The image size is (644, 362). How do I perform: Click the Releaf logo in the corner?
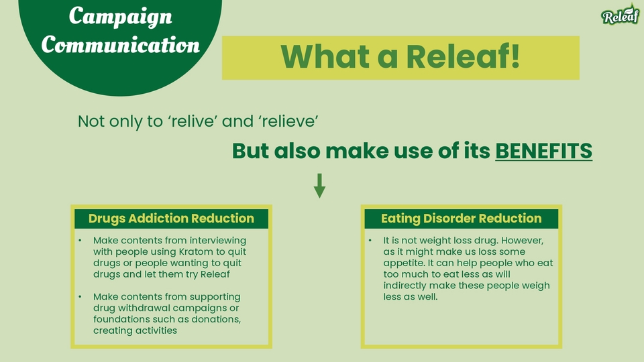click(x=620, y=15)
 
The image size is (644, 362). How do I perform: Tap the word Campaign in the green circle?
click(x=120, y=17)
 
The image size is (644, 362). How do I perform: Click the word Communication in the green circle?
click(x=120, y=44)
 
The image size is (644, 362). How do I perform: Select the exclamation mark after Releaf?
click(x=515, y=56)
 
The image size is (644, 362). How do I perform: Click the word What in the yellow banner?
click(x=325, y=56)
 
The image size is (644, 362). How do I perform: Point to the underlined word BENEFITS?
click(x=544, y=151)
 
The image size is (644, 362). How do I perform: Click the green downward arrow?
click(x=319, y=186)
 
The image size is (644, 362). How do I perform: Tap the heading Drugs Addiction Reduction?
click(x=171, y=219)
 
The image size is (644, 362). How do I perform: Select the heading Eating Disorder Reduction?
click(x=462, y=219)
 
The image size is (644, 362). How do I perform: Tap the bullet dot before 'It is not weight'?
click(x=370, y=240)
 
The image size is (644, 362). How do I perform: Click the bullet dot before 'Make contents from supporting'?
click(x=80, y=296)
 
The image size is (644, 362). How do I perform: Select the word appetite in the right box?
click(x=402, y=263)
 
